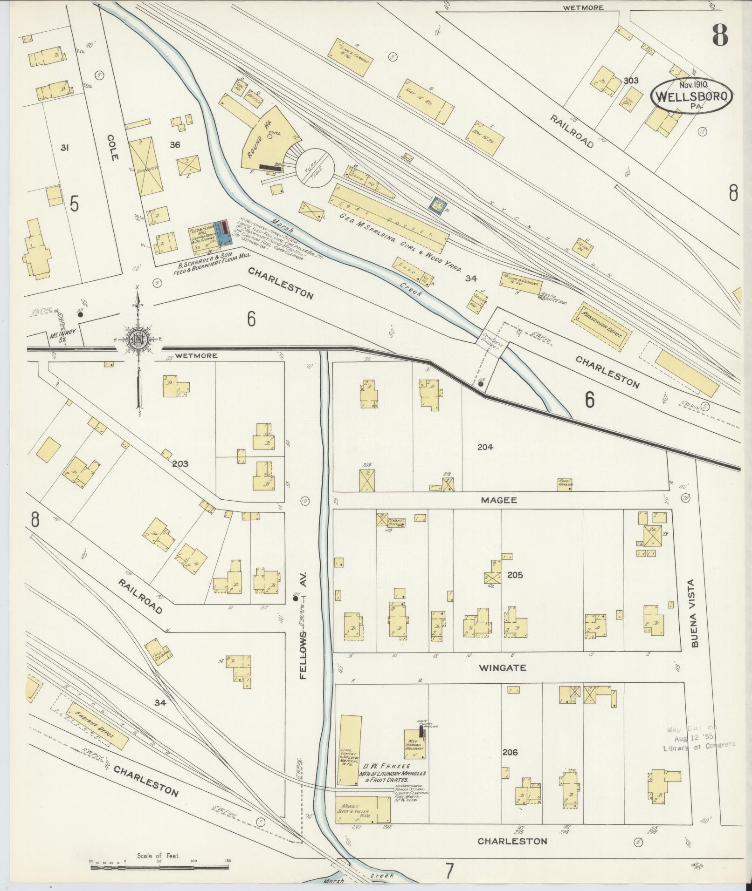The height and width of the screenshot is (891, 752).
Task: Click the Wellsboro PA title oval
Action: (x=691, y=95)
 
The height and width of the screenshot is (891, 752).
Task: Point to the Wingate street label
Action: (x=502, y=667)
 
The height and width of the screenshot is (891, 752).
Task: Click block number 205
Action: (x=515, y=575)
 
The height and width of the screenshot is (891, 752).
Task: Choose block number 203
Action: (x=179, y=464)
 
